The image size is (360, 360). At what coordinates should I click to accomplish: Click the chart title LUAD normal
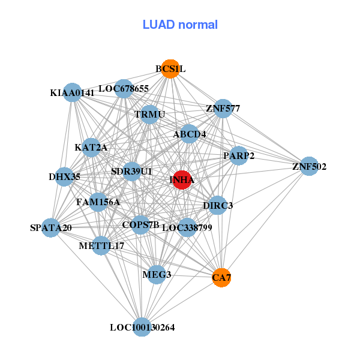pos(180,25)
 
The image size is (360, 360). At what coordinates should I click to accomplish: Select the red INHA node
pos(182,179)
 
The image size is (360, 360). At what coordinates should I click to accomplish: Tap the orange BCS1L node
pos(170,69)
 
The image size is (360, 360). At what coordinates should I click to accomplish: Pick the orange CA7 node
pos(221,277)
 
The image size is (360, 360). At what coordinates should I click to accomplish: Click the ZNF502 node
pos(309,166)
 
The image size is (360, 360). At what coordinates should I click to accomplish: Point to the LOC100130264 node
pos(142,327)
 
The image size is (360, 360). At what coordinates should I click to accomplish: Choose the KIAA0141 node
pos(73,92)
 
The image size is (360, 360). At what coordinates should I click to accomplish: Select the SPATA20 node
pos(52,227)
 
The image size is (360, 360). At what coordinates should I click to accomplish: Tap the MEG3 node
pos(157,274)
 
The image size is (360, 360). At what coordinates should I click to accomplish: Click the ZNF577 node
pos(223,109)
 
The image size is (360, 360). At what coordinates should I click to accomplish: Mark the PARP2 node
pos(239,156)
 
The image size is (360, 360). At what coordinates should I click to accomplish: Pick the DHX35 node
pos(64,176)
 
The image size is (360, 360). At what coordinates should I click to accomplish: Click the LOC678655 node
pos(124,89)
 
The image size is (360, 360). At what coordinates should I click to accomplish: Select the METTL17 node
pos(101,245)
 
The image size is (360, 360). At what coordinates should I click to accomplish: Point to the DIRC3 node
pos(217,205)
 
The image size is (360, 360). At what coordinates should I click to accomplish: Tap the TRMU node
pos(150,114)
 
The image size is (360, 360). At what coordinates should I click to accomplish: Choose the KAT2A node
pos(91,147)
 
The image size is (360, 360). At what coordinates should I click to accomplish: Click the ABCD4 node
pos(190,134)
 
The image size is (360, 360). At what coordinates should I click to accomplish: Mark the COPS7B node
pos(140,225)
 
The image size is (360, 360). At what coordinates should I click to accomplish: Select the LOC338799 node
pos(187,227)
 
